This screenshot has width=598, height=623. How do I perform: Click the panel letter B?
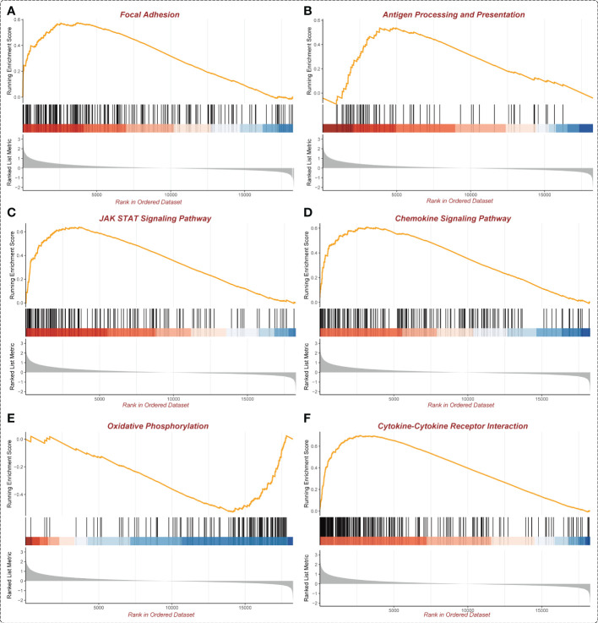point(307,11)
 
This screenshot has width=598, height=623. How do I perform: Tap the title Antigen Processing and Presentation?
point(454,14)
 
